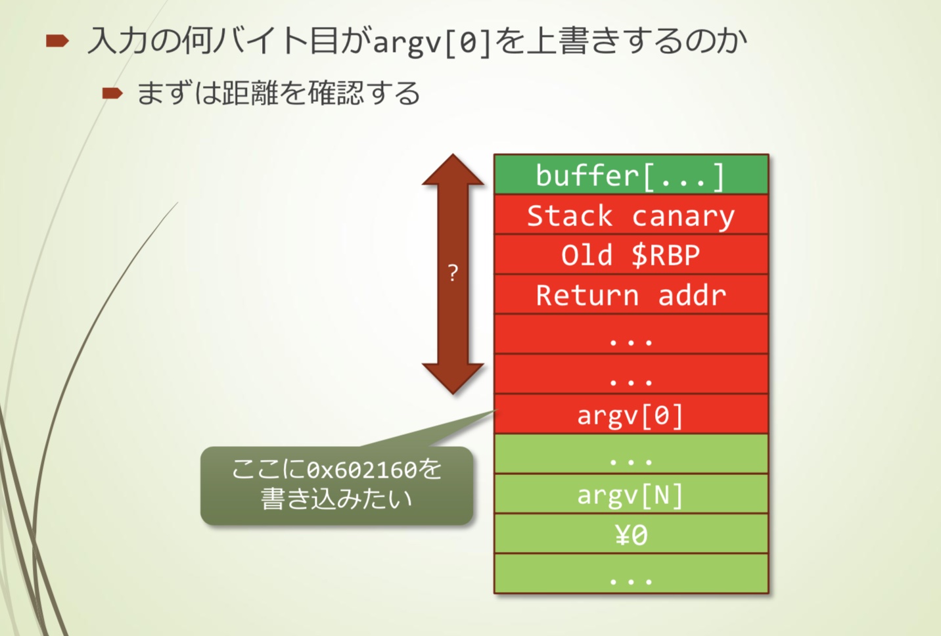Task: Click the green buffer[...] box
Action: (x=631, y=175)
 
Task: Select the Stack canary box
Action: (x=631, y=215)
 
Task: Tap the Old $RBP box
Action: (x=631, y=255)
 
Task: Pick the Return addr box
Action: (x=631, y=295)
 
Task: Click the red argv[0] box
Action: (x=631, y=415)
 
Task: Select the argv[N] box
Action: (x=631, y=494)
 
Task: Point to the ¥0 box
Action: (x=631, y=534)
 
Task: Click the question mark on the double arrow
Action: (x=453, y=273)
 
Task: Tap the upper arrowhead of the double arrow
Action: (x=453, y=170)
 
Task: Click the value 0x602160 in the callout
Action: (x=361, y=470)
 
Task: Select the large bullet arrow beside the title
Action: (x=58, y=41)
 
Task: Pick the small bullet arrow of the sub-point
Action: (x=112, y=93)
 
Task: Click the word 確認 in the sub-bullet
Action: (x=336, y=93)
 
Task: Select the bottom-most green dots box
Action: (x=631, y=574)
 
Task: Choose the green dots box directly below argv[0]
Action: (x=631, y=454)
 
